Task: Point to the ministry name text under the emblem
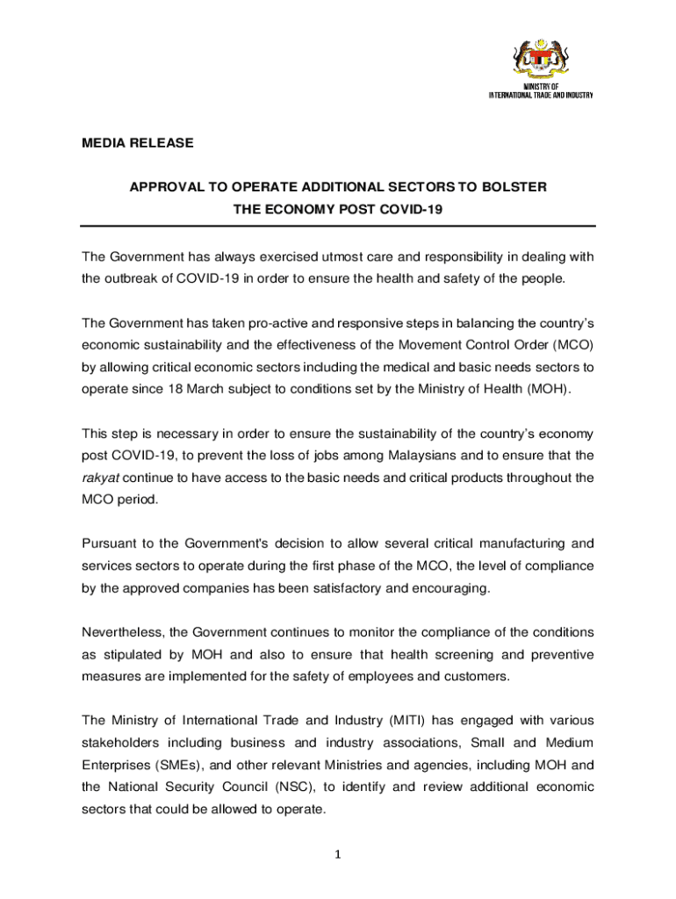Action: (541, 91)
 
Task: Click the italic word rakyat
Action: (101, 478)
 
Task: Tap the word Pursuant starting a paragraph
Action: (111, 544)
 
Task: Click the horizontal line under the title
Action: (338, 227)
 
